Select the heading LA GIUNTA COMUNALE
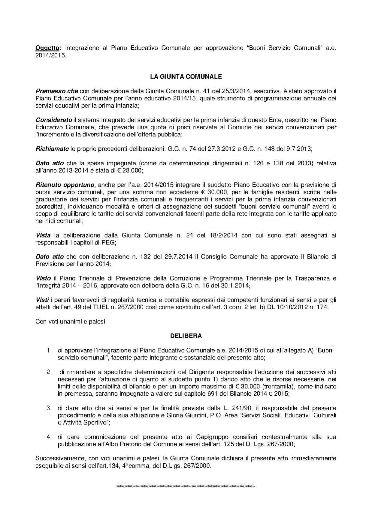pyautogui.click(x=186, y=77)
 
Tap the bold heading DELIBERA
pyautogui.click(x=186, y=336)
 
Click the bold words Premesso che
pyautogui.click(x=57, y=91)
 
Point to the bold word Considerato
pyautogui.click(x=54, y=120)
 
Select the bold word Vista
pyautogui.click(x=43, y=235)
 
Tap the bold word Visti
pyautogui.click(x=42, y=300)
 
